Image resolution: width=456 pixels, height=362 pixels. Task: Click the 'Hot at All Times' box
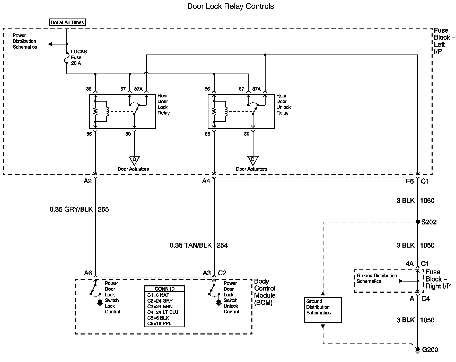pyautogui.click(x=67, y=22)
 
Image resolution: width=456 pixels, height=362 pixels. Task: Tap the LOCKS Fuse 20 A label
pyautogui.click(x=78, y=57)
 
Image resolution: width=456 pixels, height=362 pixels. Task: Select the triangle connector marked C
pyautogui.click(x=134, y=160)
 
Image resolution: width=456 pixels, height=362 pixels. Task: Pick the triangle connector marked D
pyautogui.click(x=253, y=160)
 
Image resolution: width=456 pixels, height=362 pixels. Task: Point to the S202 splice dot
pyautogui.click(x=418, y=222)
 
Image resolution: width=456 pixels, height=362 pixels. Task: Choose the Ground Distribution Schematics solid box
pyautogui.click(x=323, y=310)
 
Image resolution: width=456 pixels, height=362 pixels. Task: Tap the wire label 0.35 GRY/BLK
pyautogui.click(x=71, y=209)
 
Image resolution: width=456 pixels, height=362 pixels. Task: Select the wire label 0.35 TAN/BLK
pyautogui.click(x=190, y=245)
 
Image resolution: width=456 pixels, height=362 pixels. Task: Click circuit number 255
pyautogui.click(x=103, y=209)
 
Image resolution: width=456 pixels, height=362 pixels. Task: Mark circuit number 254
pyautogui.click(x=222, y=245)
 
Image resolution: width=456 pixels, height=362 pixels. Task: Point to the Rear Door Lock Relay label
pyautogui.click(x=164, y=104)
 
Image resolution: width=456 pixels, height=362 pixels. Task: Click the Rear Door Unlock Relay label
pyautogui.click(x=283, y=104)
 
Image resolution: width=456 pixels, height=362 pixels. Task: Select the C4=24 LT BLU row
pyautogui.click(x=163, y=312)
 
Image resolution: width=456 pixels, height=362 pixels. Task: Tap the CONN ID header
pyautogui.click(x=165, y=289)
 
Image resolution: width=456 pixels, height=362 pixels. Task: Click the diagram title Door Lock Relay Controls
pyautogui.click(x=231, y=6)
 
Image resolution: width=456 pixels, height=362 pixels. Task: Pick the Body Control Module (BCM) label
pyautogui.click(x=265, y=292)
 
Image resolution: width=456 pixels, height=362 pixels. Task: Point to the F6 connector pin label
pyautogui.click(x=410, y=181)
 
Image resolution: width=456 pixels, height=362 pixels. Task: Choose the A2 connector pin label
pyautogui.click(x=87, y=181)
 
